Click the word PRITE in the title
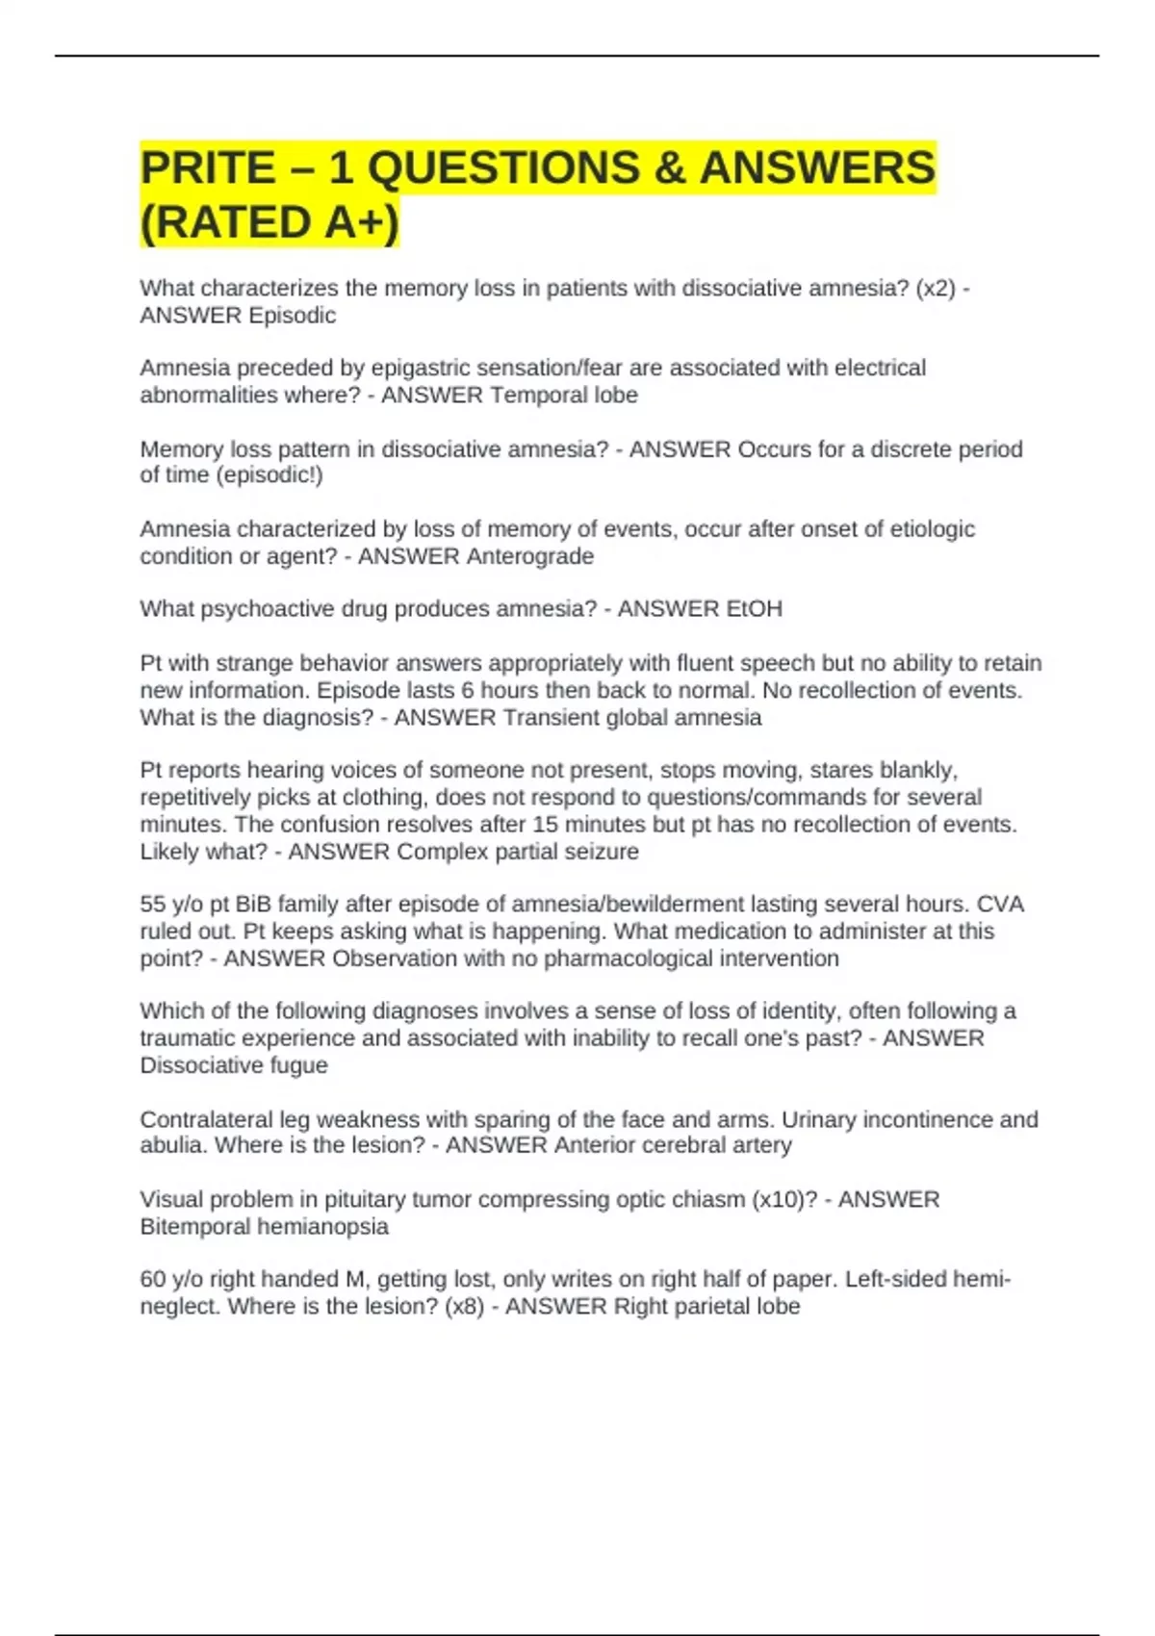tap(207, 168)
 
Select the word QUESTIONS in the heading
tap(503, 168)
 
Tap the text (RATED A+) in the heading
tap(269, 223)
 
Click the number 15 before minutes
tap(545, 825)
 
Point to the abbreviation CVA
tap(1000, 905)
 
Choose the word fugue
tap(298, 1065)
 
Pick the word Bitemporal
tap(197, 1227)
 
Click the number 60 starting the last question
tap(153, 1280)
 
